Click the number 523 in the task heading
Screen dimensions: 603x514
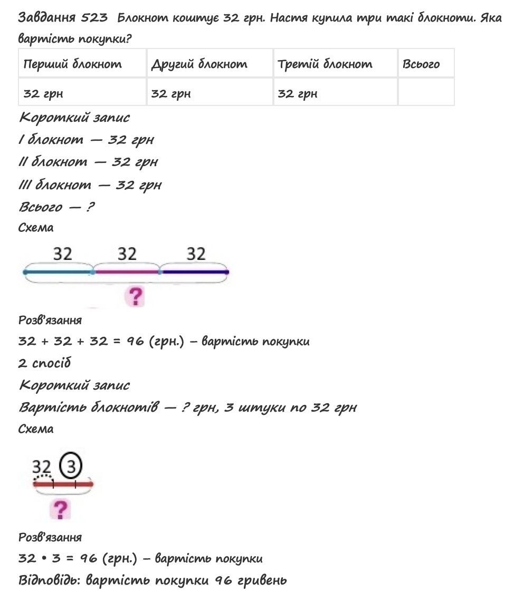click(94, 18)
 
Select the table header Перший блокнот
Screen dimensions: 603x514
click(73, 64)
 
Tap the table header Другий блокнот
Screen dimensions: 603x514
click(199, 64)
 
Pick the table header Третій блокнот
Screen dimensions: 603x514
click(325, 64)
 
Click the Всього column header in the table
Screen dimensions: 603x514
click(421, 64)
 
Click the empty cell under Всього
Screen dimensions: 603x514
click(425, 93)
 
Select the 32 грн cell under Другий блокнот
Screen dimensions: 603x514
click(171, 94)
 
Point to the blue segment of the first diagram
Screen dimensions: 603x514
click(58, 272)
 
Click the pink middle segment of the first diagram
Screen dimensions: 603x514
click(127, 272)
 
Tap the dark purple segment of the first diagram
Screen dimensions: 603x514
click(194, 272)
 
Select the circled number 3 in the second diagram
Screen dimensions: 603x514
click(70, 465)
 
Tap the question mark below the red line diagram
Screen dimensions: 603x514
click(61, 509)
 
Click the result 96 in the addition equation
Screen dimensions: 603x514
click(135, 341)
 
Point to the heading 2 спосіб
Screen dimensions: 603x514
click(44, 363)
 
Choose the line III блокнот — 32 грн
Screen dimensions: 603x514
click(90, 185)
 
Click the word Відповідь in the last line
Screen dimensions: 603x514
click(49, 580)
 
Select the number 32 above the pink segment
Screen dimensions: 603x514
click(127, 254)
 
